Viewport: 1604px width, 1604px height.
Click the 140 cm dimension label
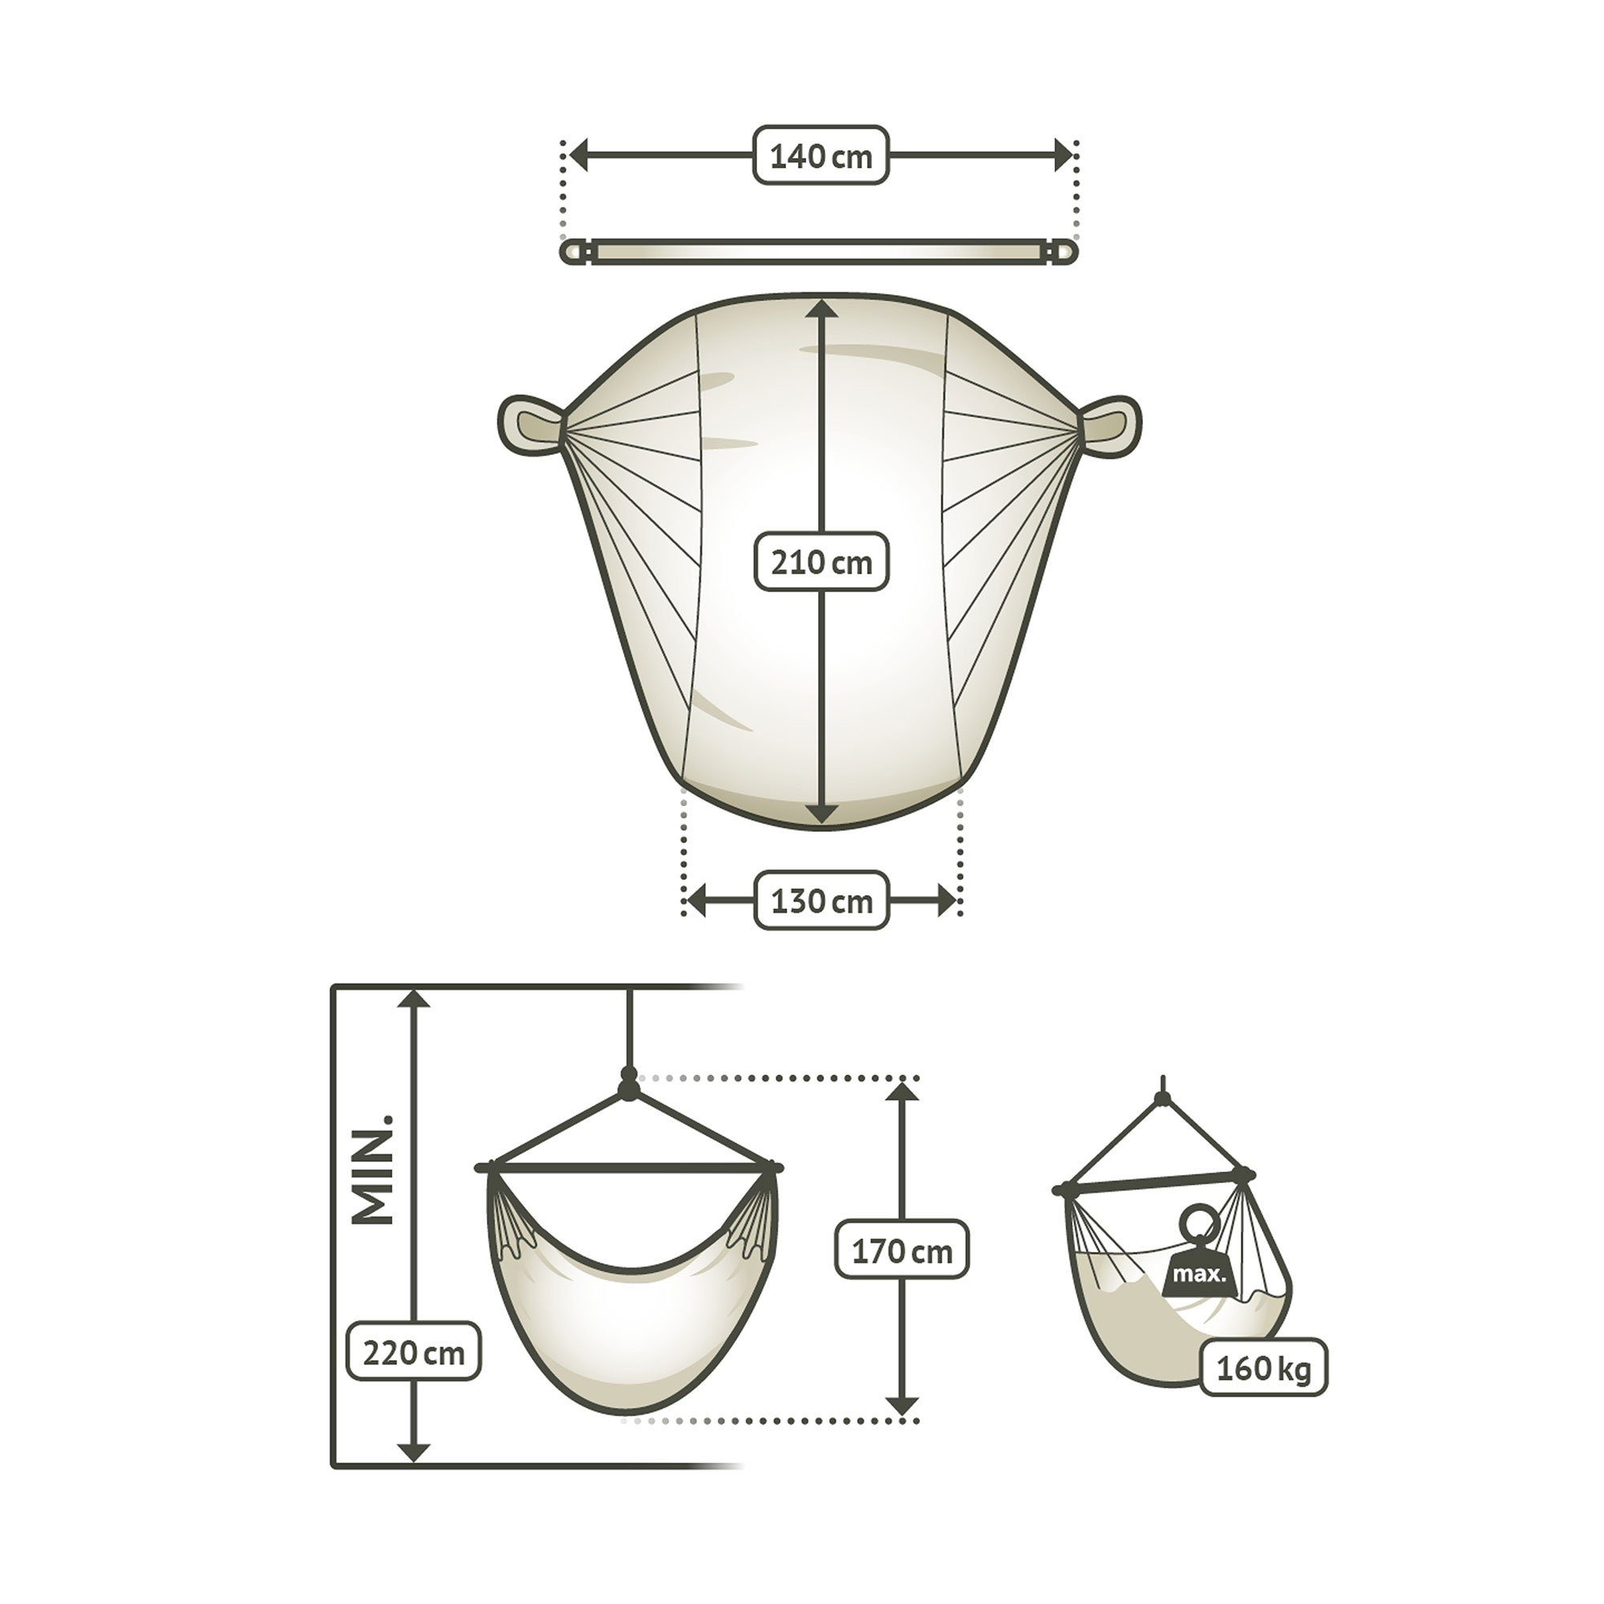pos(820,156)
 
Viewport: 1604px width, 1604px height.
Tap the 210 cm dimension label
pos(821,562)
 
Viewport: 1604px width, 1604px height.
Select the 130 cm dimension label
pos(821,900)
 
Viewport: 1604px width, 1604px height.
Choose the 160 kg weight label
pos(1264,1367)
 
